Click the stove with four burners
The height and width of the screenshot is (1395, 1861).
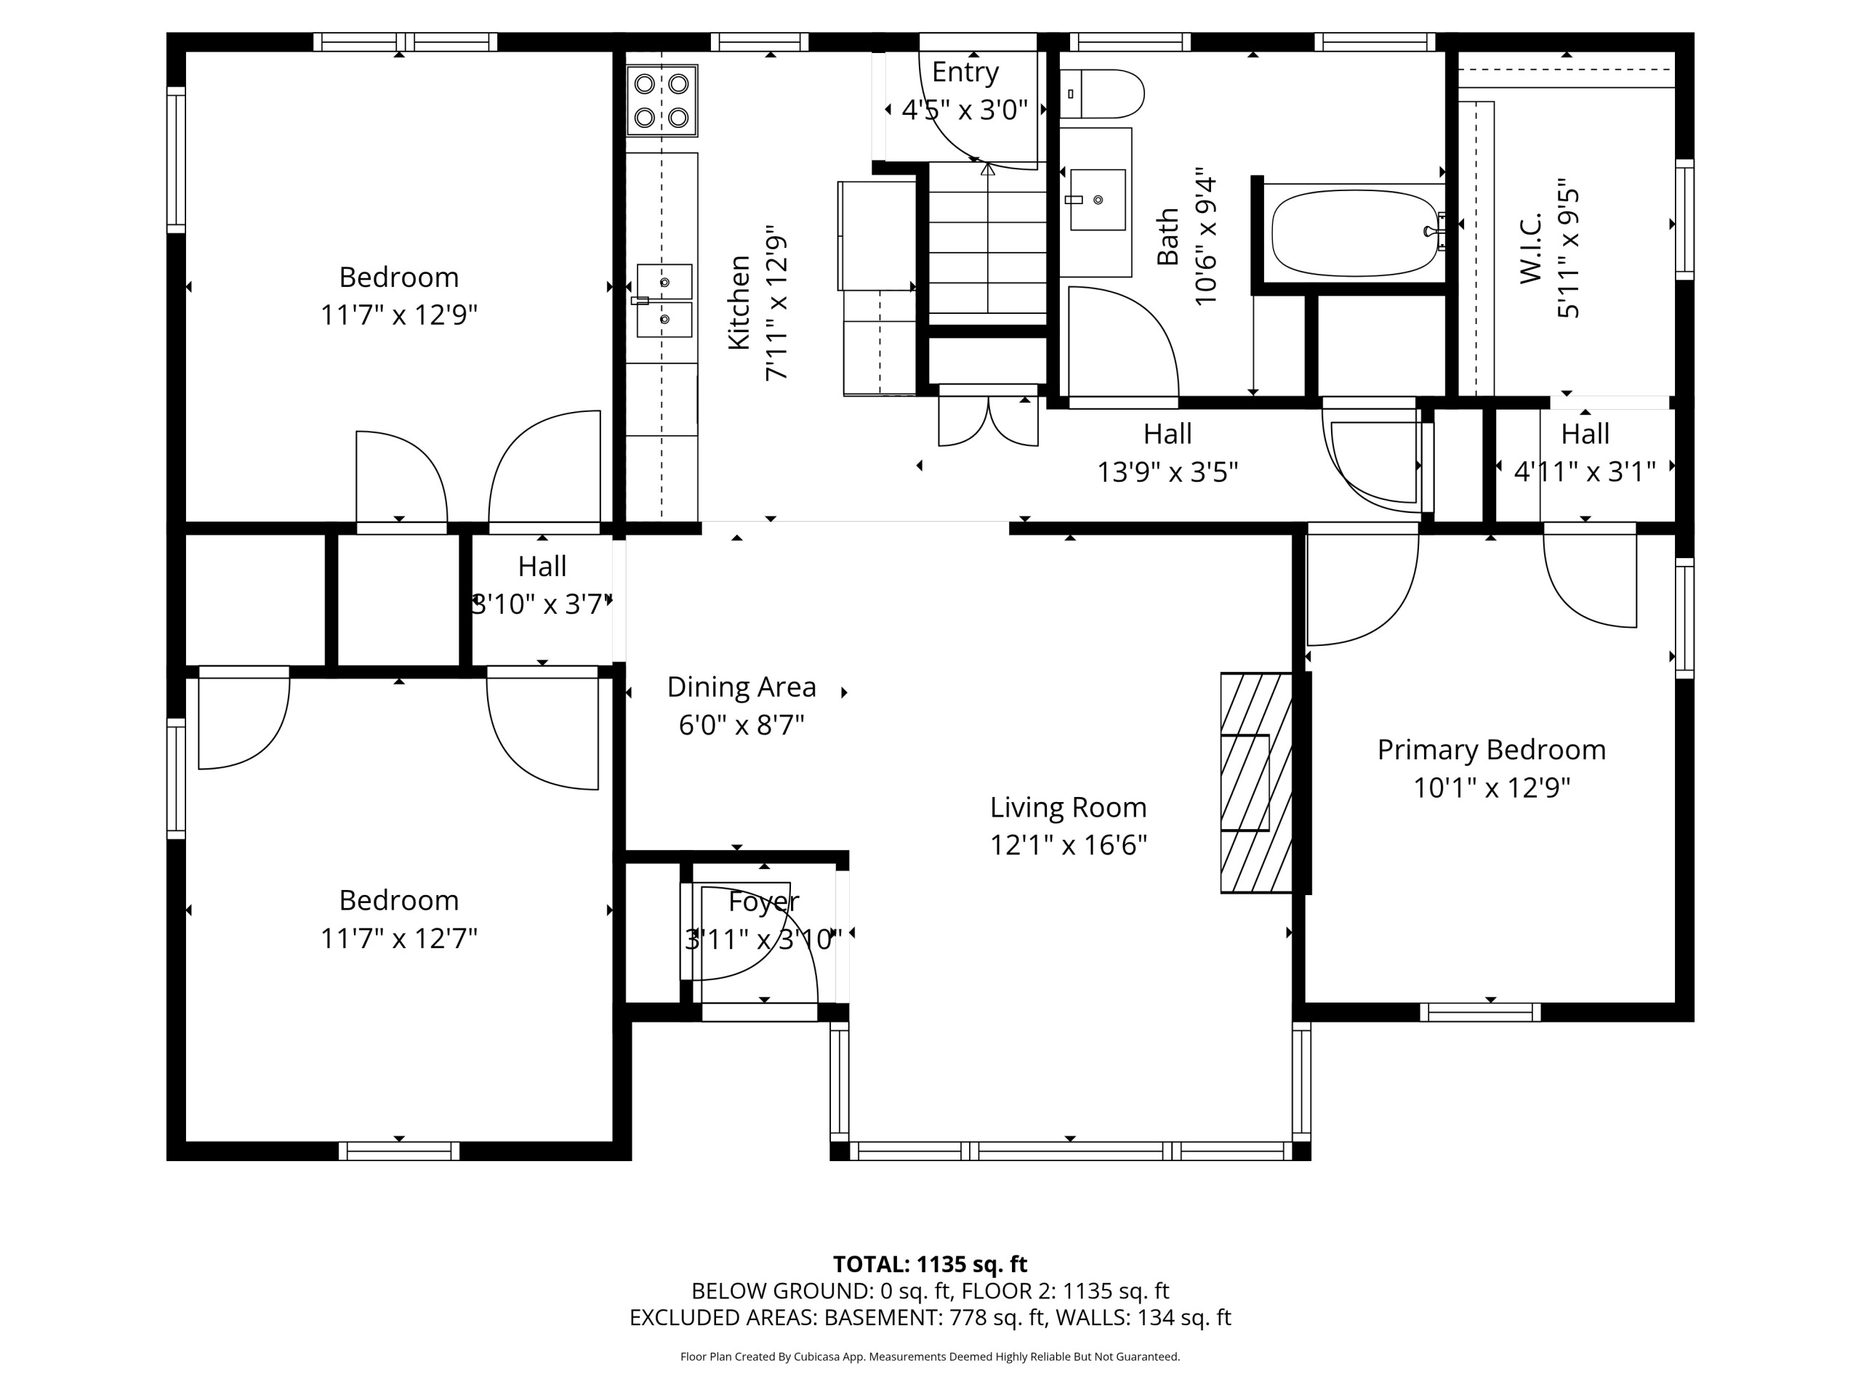[662, 101]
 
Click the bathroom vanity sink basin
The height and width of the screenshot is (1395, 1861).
[1097, 200]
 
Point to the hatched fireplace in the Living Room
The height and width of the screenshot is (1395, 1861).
[1257, 782]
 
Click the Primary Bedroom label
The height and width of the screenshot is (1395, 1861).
[1492, 749]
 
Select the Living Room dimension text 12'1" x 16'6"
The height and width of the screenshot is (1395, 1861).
[1069, 844]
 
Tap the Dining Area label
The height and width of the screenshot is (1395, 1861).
[741, 687]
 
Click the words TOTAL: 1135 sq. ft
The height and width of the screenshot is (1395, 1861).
[930, 1263]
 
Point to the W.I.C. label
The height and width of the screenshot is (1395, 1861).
[1530, 247]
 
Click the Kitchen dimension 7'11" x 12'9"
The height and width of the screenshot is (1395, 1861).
[776, 303]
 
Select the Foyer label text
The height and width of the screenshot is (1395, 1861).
[763, 902]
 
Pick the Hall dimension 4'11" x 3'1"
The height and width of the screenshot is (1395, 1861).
[1585, 472]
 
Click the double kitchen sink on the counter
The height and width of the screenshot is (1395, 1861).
[664, 300]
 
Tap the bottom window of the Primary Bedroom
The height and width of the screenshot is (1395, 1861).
[1481, 1012]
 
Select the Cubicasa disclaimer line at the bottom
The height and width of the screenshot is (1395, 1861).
[930, 1356]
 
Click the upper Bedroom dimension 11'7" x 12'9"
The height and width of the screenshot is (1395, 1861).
[399, 315]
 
